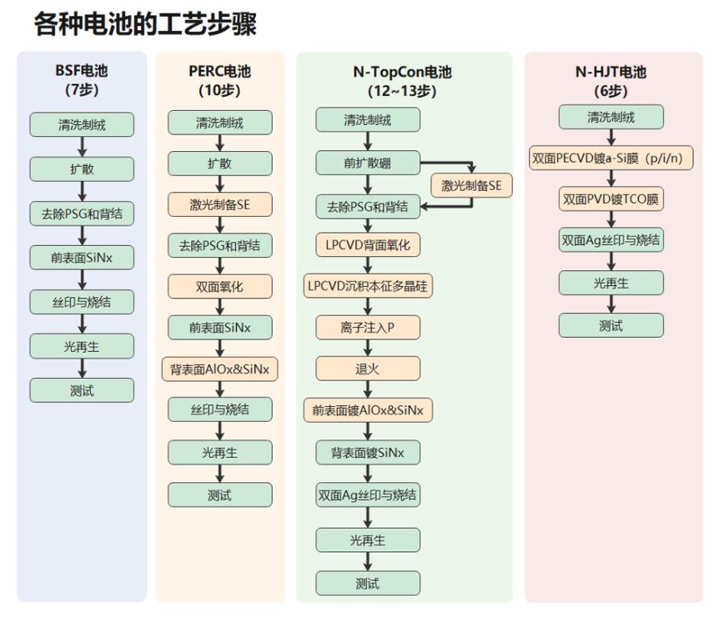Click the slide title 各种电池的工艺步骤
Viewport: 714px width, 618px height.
point(145,23)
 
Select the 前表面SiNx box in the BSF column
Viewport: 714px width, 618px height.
point(82,258)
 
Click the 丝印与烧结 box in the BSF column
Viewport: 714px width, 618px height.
point(82,302)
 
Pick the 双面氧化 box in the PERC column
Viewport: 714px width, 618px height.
point(219,286)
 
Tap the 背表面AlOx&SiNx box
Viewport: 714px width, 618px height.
point(219,369)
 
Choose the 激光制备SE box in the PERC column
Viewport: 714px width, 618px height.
point(219,203)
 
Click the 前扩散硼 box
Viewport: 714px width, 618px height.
point(367,163)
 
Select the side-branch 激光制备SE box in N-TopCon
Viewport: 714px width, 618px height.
point(471,185)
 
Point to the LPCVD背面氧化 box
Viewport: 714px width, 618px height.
point(367,245)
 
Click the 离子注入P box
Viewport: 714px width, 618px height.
point(367,327)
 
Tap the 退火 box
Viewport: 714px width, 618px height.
point(367,369)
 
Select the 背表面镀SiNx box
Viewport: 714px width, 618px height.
point(367,453)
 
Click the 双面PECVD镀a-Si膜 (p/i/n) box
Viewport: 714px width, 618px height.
point(611,157)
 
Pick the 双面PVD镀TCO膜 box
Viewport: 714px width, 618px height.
point(611,199)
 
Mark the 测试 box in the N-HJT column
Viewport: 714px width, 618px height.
point(611,326)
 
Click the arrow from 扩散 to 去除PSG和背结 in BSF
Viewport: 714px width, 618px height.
point(82,191)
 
